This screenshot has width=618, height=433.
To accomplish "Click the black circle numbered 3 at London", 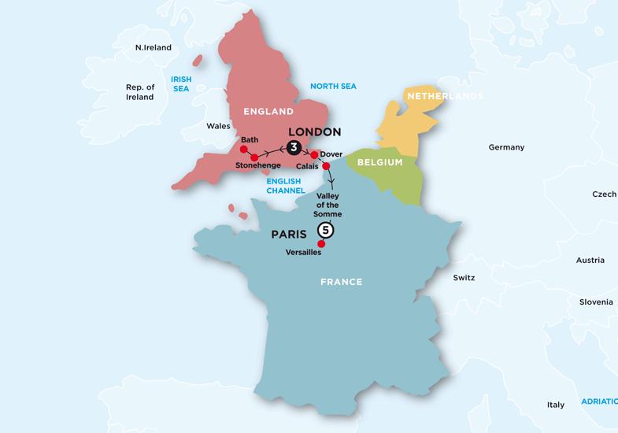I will [x=294, y=147].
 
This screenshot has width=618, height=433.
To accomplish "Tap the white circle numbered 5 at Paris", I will [x=325, y=231].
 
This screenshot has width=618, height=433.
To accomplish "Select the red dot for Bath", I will [x=243, y=147].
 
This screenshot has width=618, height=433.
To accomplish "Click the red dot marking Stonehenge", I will [x=254, y=158].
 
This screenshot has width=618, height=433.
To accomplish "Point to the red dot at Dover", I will [x=314, y=154].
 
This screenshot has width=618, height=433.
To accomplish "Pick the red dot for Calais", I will [x=326, y=165].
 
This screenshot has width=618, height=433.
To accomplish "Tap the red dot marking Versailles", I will [x=320, y=243].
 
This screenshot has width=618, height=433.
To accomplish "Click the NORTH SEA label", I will [x=333, y=86].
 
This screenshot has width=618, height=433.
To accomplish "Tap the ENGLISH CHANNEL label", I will [x=283, y=185].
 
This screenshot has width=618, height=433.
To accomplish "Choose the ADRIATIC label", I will [x=598, y=401].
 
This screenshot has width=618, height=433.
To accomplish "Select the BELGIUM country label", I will [x=379, y=162].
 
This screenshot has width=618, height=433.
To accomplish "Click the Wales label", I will [x=218, y=126].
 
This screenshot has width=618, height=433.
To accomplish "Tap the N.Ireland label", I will [x=154, y=47].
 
